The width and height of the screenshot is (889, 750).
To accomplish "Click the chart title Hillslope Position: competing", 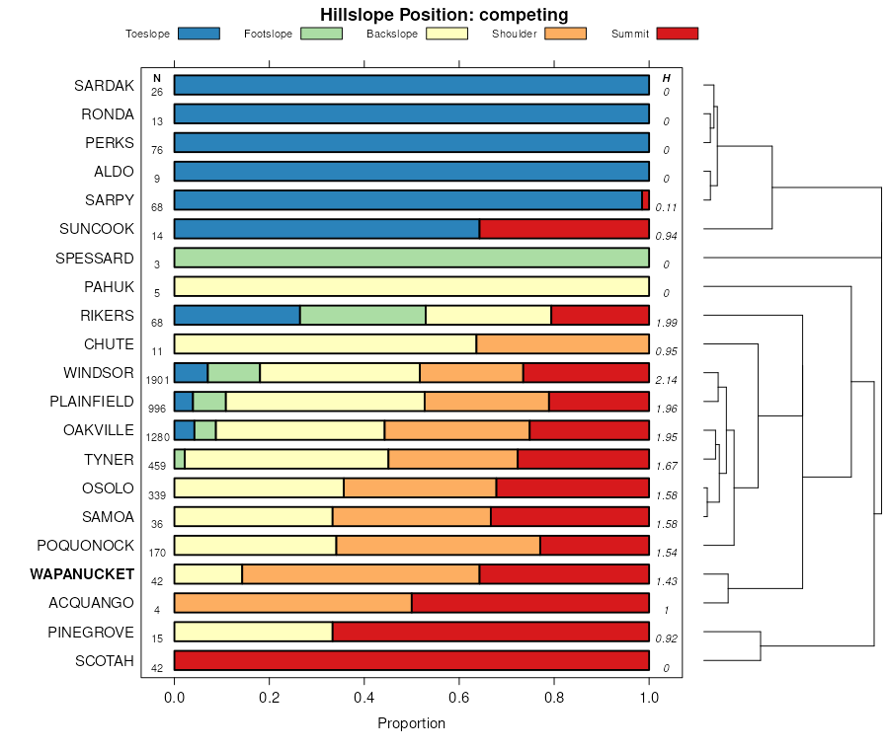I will (x=444, y=14).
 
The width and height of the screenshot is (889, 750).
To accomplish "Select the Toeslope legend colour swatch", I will (x=199, y=34).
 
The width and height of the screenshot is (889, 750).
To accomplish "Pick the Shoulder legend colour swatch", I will (x=565, y=34).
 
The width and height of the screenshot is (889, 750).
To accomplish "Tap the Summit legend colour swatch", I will (x=677, y=34).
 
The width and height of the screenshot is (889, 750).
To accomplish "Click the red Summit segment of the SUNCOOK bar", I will (x=564, y=229).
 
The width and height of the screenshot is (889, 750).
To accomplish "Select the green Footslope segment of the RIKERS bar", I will (x=363, y=315).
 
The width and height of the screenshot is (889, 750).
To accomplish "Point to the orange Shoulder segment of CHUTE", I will (x=562, y=344).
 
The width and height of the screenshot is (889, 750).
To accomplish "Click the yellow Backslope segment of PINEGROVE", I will (x=253, y=632).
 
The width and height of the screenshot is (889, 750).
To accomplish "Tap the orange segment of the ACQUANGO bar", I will (x=293, y=603).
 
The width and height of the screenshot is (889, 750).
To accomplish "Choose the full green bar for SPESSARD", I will (x=411, y=258).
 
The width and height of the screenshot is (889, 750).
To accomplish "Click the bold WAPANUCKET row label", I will (x=82, y=574).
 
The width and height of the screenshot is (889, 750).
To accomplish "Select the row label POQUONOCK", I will (x=85, y=546).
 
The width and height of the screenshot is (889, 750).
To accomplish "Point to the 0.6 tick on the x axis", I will (x=459, y=697).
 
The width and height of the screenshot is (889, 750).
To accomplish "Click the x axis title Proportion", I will (x=411, y=723).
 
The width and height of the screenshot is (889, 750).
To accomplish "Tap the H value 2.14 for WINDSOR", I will (x=667, y=380).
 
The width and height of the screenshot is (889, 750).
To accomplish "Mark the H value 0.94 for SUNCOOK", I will (x=667, y=236).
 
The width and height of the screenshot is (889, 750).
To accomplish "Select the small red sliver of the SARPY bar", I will (x=646, y=200).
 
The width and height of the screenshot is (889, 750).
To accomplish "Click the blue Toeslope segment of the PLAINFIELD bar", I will (x=184, y=402).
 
